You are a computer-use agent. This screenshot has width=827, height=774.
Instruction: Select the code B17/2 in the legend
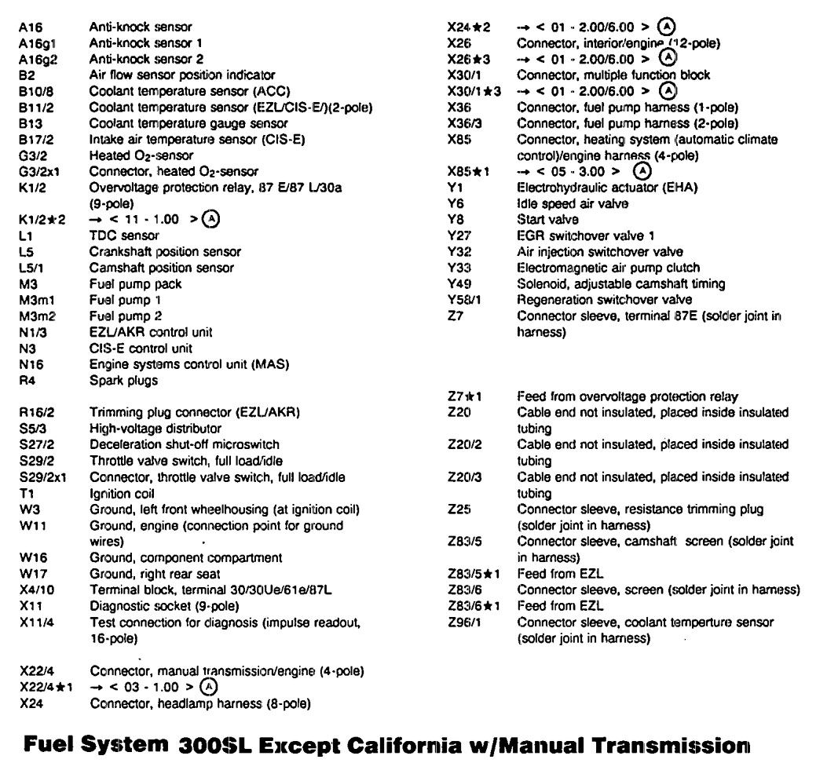[x=36, y=140]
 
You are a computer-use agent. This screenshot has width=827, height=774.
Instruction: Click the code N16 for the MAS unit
[x=31, y=364]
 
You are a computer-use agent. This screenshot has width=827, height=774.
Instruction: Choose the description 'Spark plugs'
[x=124, y=381]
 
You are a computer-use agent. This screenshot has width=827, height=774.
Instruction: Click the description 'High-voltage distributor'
[x=155, y=429]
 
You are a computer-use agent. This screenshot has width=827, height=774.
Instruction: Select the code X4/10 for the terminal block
[x=38, y=590]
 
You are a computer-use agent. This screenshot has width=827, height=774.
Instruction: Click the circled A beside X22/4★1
[x=207, y=687]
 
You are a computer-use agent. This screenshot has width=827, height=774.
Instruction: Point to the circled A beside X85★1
[x=642, y=171]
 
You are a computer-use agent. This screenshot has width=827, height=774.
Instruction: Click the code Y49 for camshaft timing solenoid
[x=457, y=283]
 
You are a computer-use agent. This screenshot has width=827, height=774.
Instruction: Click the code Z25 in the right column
[x=458, y=509]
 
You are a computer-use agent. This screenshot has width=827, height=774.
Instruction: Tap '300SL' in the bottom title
[x=221, y=743]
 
